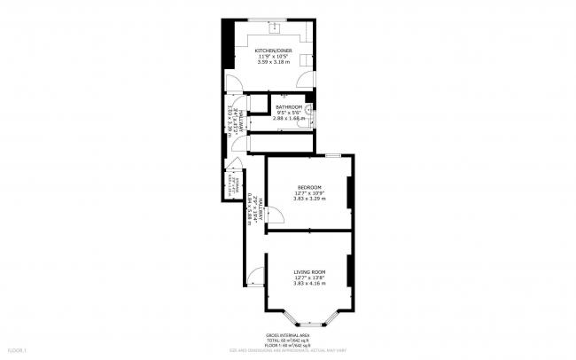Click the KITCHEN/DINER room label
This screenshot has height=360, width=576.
click(x=273, y=51)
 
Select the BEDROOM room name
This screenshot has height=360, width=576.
click(x=309, y=187)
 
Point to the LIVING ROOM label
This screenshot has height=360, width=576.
click(x=309, y=271)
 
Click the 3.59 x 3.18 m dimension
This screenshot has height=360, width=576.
click(x=273, y=63)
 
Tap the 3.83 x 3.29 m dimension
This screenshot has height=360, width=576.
click(x=309, y=200)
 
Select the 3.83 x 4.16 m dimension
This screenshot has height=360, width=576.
click(x=309, y=283)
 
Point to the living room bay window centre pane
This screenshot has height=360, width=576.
click(x=309, y=322)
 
